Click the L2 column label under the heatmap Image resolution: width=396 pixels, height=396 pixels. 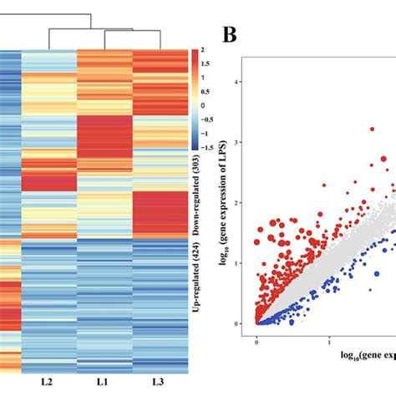(47, 381)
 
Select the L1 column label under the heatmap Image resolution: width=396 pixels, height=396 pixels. (104, 381)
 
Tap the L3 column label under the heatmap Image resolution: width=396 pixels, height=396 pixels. (160, 381)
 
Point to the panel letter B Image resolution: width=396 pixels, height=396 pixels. (230, 36)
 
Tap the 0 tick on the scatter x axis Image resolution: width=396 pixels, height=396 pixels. (257, 342)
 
